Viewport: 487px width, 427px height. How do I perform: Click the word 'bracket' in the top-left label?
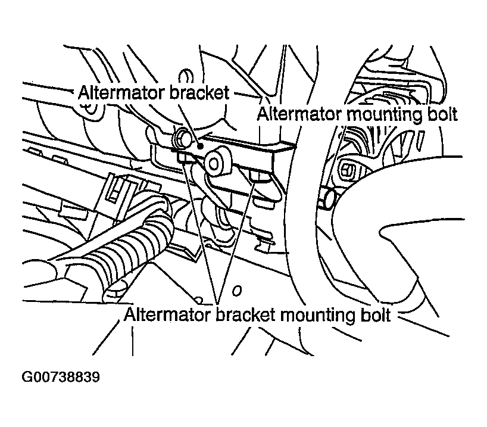pyautogui.click(x=200, y=92)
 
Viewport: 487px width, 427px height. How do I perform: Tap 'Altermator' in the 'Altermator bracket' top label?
pyautogui.click(x=122, y=92)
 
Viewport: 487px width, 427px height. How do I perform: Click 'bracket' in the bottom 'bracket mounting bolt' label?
pyautogui.click(x=245, y=314)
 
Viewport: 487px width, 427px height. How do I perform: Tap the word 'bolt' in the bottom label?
pyautogui.click(x=375, y=314)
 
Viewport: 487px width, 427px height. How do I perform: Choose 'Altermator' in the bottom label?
pyautogui.click(x=168, y=314)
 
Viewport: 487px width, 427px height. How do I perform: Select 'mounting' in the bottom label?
pyautogui.click(x=317, y=316)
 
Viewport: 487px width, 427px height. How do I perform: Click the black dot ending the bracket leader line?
pyautogui.click(x=201, y=145)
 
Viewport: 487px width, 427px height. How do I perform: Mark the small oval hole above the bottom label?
pyautogui.click(x=237, y=291)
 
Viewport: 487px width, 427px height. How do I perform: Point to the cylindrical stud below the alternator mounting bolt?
pyautogui.click(x=326, y=199)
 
